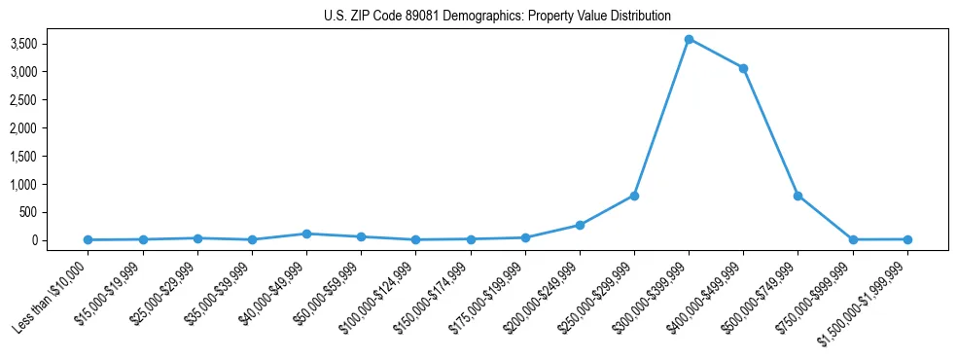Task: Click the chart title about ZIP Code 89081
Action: coord(497,16)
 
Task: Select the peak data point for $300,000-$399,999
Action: coord(689,39)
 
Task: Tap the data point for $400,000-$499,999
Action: coord(743,68)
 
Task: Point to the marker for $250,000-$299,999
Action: coord(634,196)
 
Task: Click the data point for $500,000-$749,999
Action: coord(797,196)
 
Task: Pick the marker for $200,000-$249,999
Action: coord(580,225)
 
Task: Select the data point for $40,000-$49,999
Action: coord(306,234)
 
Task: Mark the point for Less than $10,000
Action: coord(89,239)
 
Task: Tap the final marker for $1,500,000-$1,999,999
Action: coord(907,239)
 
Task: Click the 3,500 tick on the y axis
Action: coord(50,44)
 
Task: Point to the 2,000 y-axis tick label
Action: coord(50,127)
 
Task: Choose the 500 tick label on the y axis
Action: coord(56,212)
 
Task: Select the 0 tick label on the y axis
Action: coord(61,240)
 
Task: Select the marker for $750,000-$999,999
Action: coord(853,239)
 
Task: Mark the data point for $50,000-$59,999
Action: coord(361,236)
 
